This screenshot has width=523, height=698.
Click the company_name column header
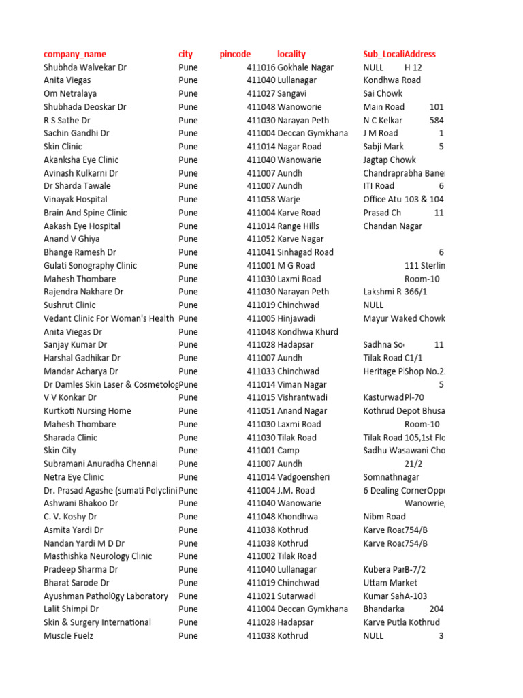[x=75, y=54]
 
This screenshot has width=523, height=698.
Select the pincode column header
[x=235, y=54]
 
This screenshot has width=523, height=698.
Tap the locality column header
[x=291, y=54]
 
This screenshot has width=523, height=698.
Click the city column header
[x=185, y=54]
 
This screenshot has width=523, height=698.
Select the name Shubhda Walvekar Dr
[x=85, y=67]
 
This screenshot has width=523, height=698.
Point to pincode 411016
[x=261, y=67]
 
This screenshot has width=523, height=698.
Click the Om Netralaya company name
[x=70, y=93]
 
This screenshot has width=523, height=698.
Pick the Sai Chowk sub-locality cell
[x=383, y=93]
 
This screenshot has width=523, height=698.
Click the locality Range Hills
[x=298, y=226]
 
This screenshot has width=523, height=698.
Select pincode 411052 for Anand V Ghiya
[x=261, y=239]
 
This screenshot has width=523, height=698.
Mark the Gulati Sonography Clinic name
[x=91, y=265]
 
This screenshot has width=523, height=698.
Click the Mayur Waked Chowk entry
[x=404, y=318]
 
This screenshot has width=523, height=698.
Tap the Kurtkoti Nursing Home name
[x=87, y=411]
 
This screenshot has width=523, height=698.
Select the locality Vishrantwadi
[x=302, y=397]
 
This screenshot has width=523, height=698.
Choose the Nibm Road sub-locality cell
[x=384, y=517]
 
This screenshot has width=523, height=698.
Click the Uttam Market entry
[x=390, y=583]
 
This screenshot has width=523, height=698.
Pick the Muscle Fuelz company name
[x=69, y=636]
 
